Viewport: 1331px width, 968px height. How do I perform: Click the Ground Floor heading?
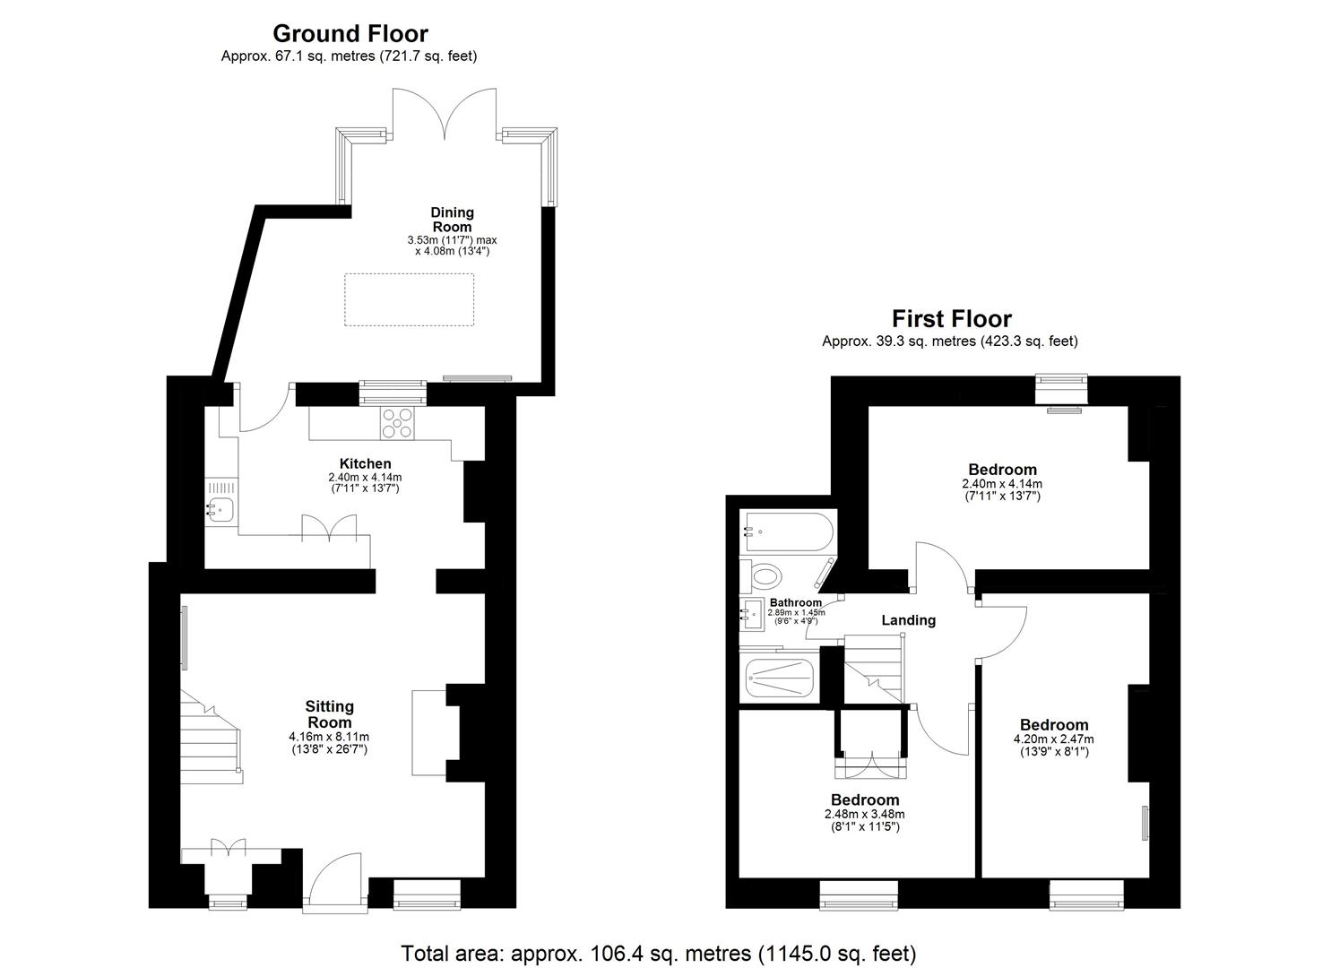[350, 34]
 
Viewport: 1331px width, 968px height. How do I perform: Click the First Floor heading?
[951, 319]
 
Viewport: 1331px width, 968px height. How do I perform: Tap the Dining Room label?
[452, 220]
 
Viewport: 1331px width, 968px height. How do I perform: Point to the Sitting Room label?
[330, 714]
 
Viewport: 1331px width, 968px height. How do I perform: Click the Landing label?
[908, 620]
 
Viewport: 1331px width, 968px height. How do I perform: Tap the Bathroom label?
[796, 602]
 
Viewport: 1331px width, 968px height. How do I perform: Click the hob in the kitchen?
[398, 423]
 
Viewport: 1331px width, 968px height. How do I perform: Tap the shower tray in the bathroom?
[779, 680]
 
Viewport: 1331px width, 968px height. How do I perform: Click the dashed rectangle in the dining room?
[409, 300]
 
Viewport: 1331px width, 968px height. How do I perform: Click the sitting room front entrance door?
[335, 883]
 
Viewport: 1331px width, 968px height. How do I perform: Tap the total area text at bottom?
[658, 953]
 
